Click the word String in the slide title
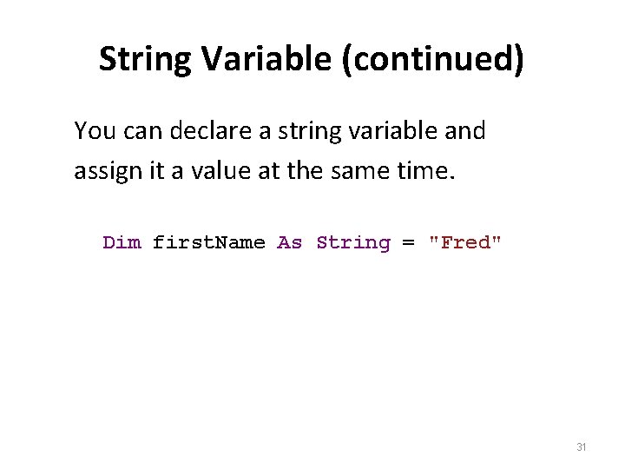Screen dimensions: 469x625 pos(146,60)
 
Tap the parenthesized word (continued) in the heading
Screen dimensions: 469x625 pos(432,60)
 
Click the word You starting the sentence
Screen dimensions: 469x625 pos(94,131)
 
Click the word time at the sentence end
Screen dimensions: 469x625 pos(427,171)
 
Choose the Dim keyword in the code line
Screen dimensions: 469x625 pos(122,242)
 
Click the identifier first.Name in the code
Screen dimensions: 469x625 pos(208,242)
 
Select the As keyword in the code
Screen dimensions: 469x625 pos(289,242)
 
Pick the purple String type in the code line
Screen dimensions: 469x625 pos(353,243)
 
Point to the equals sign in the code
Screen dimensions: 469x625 pos(408,243)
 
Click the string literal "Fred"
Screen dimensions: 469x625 pos(465,242)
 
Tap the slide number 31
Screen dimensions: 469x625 pos(582,447)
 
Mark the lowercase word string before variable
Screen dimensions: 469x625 pos(302,132)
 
